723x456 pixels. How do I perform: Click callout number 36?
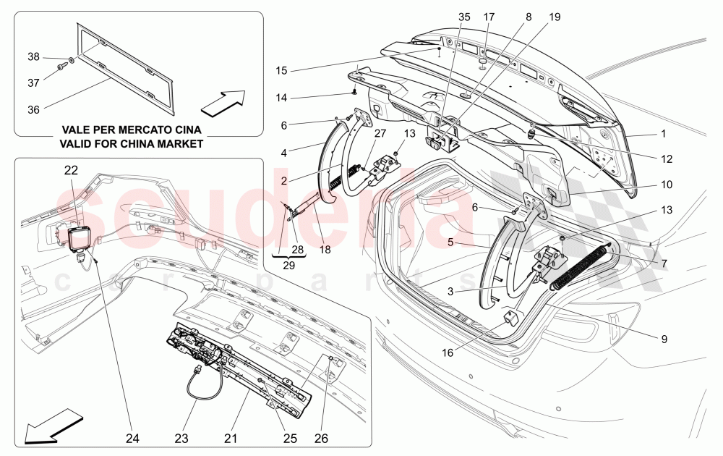[x=34, y=109]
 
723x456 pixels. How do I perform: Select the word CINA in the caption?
[x=184, y=130]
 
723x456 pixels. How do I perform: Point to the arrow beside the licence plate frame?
[x=223, y=103]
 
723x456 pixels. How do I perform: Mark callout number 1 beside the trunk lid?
[x=664, y=134]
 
